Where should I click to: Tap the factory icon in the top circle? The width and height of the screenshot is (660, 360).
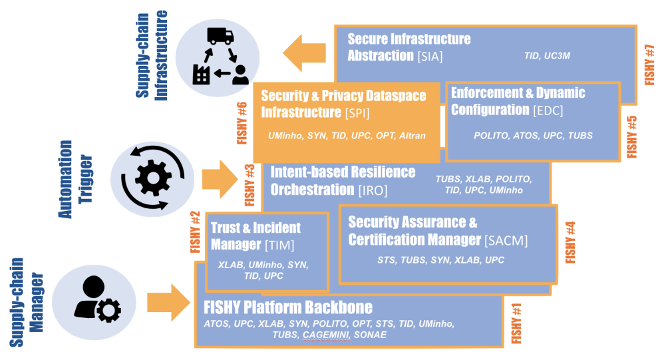(202, 74)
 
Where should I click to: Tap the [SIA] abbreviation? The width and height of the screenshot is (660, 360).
(430, 57)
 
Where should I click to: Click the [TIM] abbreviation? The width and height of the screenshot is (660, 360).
(279, 245)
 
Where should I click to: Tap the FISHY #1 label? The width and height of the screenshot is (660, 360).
(516, 323)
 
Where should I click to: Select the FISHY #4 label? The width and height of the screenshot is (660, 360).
(570, 241)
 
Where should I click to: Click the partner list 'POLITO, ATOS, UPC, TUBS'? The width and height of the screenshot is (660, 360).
(533, 136)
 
